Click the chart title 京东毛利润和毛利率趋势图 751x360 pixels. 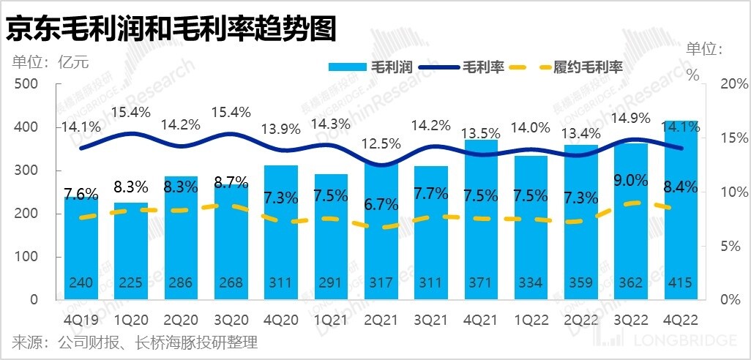(171, 29)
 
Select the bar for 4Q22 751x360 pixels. (681, 220)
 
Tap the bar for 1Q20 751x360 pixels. (131, 249)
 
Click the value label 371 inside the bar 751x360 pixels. (482, 284)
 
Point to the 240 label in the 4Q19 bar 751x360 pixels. (81, 284)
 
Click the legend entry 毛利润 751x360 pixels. (373, 67)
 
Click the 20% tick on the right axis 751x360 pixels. (725, 84)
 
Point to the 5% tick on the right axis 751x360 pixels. (727, 246)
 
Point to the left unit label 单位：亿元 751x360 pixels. (50, 61)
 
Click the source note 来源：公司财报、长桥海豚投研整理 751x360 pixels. (135, 342)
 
